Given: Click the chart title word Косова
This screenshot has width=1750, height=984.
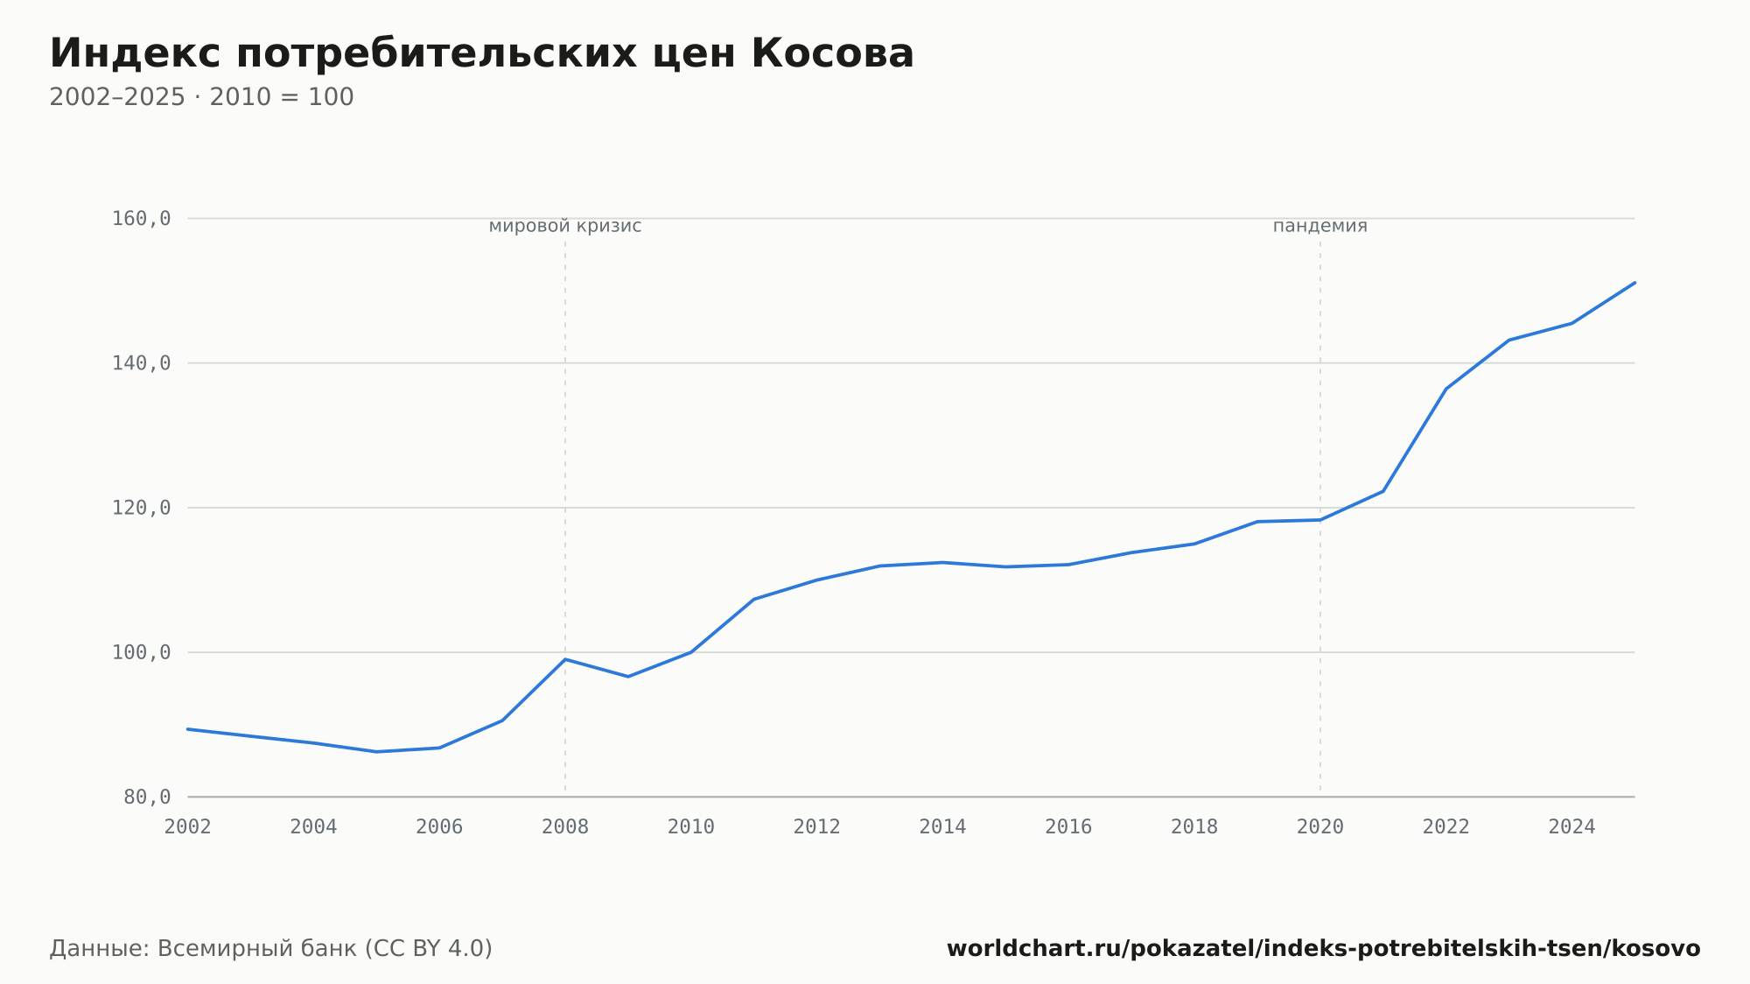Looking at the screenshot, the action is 832,53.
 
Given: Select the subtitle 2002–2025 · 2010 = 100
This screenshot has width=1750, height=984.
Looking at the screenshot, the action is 201,97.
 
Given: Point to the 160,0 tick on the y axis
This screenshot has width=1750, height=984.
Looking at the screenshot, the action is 141,219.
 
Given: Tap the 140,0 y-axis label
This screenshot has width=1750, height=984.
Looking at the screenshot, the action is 141,363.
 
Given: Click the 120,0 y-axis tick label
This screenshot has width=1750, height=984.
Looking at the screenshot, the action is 141,508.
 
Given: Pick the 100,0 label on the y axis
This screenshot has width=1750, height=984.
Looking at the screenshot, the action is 141,652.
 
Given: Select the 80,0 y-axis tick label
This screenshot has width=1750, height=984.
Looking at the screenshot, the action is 147,797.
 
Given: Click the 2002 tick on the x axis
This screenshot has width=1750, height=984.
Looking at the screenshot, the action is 188,827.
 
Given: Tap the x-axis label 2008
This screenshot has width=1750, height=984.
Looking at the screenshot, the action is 565,827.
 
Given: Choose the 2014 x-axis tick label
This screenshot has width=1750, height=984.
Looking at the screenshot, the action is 942,827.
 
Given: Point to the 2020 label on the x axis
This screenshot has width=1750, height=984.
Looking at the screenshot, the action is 1320,827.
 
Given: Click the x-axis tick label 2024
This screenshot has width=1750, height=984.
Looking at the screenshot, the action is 1571,827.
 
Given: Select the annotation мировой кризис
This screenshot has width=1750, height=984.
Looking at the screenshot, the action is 565,226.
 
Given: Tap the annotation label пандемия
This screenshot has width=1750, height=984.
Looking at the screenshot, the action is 1320,226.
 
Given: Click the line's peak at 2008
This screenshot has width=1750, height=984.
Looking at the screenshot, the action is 565,659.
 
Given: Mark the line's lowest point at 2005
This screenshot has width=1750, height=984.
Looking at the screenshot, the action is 376,752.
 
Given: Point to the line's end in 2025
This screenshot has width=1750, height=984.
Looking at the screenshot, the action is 1634,283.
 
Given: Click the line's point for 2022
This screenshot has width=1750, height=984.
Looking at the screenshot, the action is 1445,389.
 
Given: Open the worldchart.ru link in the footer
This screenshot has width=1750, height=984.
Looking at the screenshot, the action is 1323,949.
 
